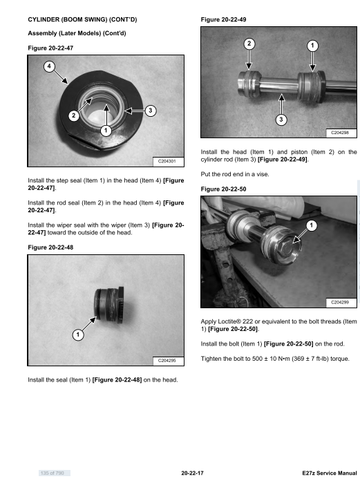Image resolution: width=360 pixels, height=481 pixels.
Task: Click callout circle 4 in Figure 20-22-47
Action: point(49,66)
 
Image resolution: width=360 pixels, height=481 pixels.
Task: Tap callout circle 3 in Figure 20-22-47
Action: point(150,111)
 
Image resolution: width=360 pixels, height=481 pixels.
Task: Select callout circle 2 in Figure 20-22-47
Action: point(74,115)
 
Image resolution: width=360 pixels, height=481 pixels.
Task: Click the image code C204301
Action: point(167,161)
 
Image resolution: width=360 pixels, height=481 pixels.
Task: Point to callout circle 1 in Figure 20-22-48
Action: point(78,334)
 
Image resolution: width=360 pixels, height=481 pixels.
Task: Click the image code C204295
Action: point(167,361)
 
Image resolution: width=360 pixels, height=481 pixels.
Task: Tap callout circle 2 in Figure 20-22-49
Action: point(249,44)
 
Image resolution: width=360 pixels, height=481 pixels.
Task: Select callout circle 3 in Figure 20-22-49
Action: point(281,120)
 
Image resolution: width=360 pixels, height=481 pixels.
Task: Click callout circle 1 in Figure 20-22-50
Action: point(312,226)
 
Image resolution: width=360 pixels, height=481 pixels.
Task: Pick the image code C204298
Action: point(340,133)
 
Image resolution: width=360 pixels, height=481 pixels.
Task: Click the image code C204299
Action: point(340,303)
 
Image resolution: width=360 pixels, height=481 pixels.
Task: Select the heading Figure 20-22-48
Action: point(50,247)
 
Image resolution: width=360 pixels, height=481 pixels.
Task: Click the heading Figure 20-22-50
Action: point(224,189)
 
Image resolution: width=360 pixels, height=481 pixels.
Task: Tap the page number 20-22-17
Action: point(192,473)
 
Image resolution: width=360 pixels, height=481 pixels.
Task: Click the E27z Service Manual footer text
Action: point(330,473)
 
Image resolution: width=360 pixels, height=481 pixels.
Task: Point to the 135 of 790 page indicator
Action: point(52,473)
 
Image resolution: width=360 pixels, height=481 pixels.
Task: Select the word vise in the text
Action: point(263,174)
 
